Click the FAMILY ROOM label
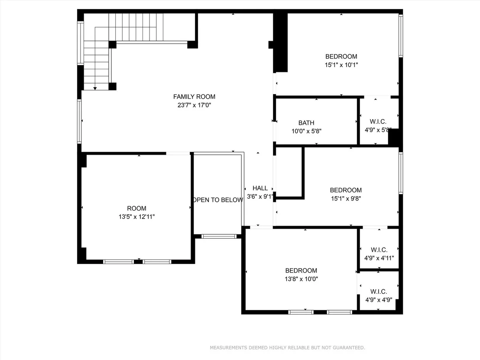click(194, 97)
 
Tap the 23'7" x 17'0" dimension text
click(194, 105)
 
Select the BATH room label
click(306, 123)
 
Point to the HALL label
click(260, 188)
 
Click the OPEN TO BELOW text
click(218, 200)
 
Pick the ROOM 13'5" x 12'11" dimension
click(136, 217)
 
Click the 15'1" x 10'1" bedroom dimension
click(341, 65)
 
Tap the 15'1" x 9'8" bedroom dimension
click(346, 198)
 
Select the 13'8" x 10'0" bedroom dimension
click(301, 279)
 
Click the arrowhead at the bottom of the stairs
click(95, 88)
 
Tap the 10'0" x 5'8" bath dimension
click(306, 131)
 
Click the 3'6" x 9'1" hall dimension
click(259, 197)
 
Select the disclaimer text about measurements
click(288, 347)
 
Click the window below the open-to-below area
click(219, 237)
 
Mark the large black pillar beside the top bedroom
click(280, 42)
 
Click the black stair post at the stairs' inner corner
click(112, 45)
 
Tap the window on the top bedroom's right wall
click(401, 36)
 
